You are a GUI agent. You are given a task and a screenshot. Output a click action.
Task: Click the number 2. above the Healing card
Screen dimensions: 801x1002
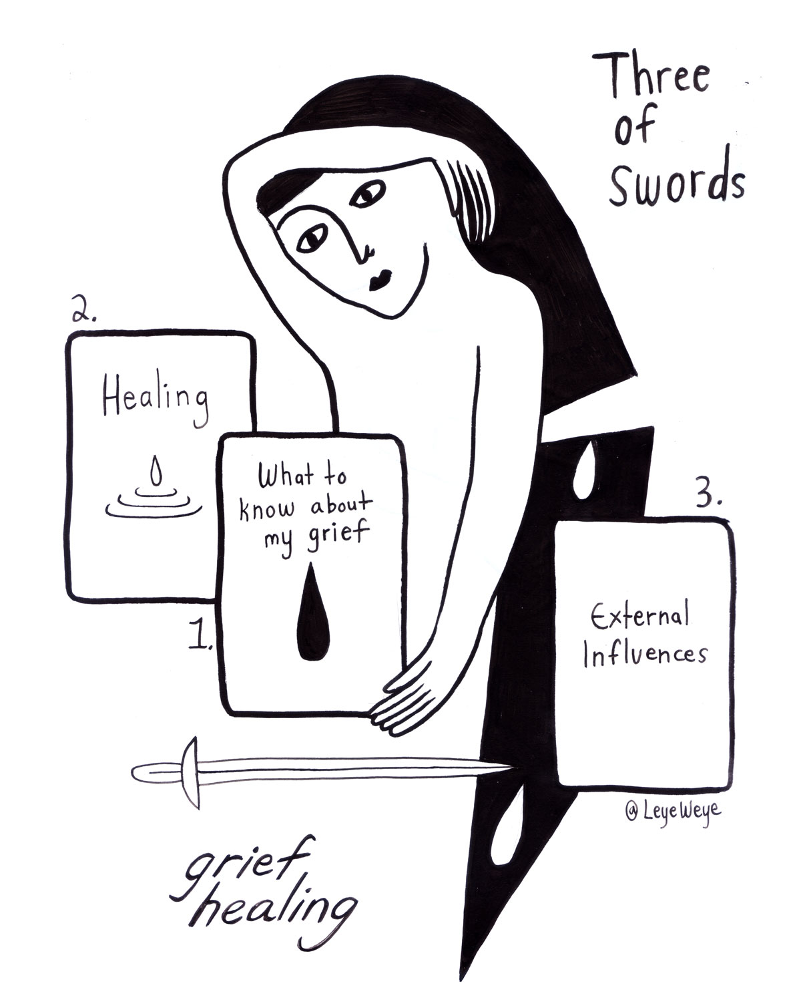[84, 311]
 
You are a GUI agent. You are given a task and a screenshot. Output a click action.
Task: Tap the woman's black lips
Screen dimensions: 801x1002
[380, 279]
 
